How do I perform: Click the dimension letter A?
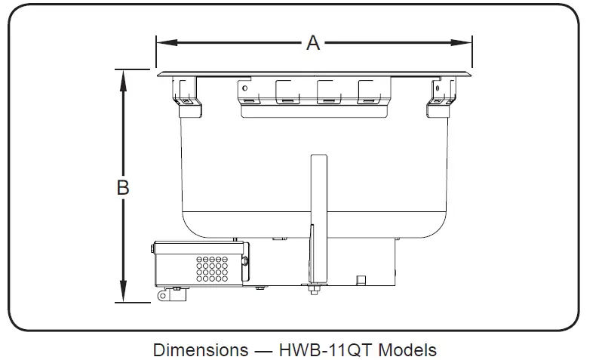point(313,43)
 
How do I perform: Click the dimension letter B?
point(123,187)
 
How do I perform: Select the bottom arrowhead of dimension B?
point(123,295)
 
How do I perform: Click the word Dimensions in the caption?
point(200,350)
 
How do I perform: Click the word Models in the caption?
point(407,350)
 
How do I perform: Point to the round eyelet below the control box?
point(162,296)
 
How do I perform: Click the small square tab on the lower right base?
point(361,280)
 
